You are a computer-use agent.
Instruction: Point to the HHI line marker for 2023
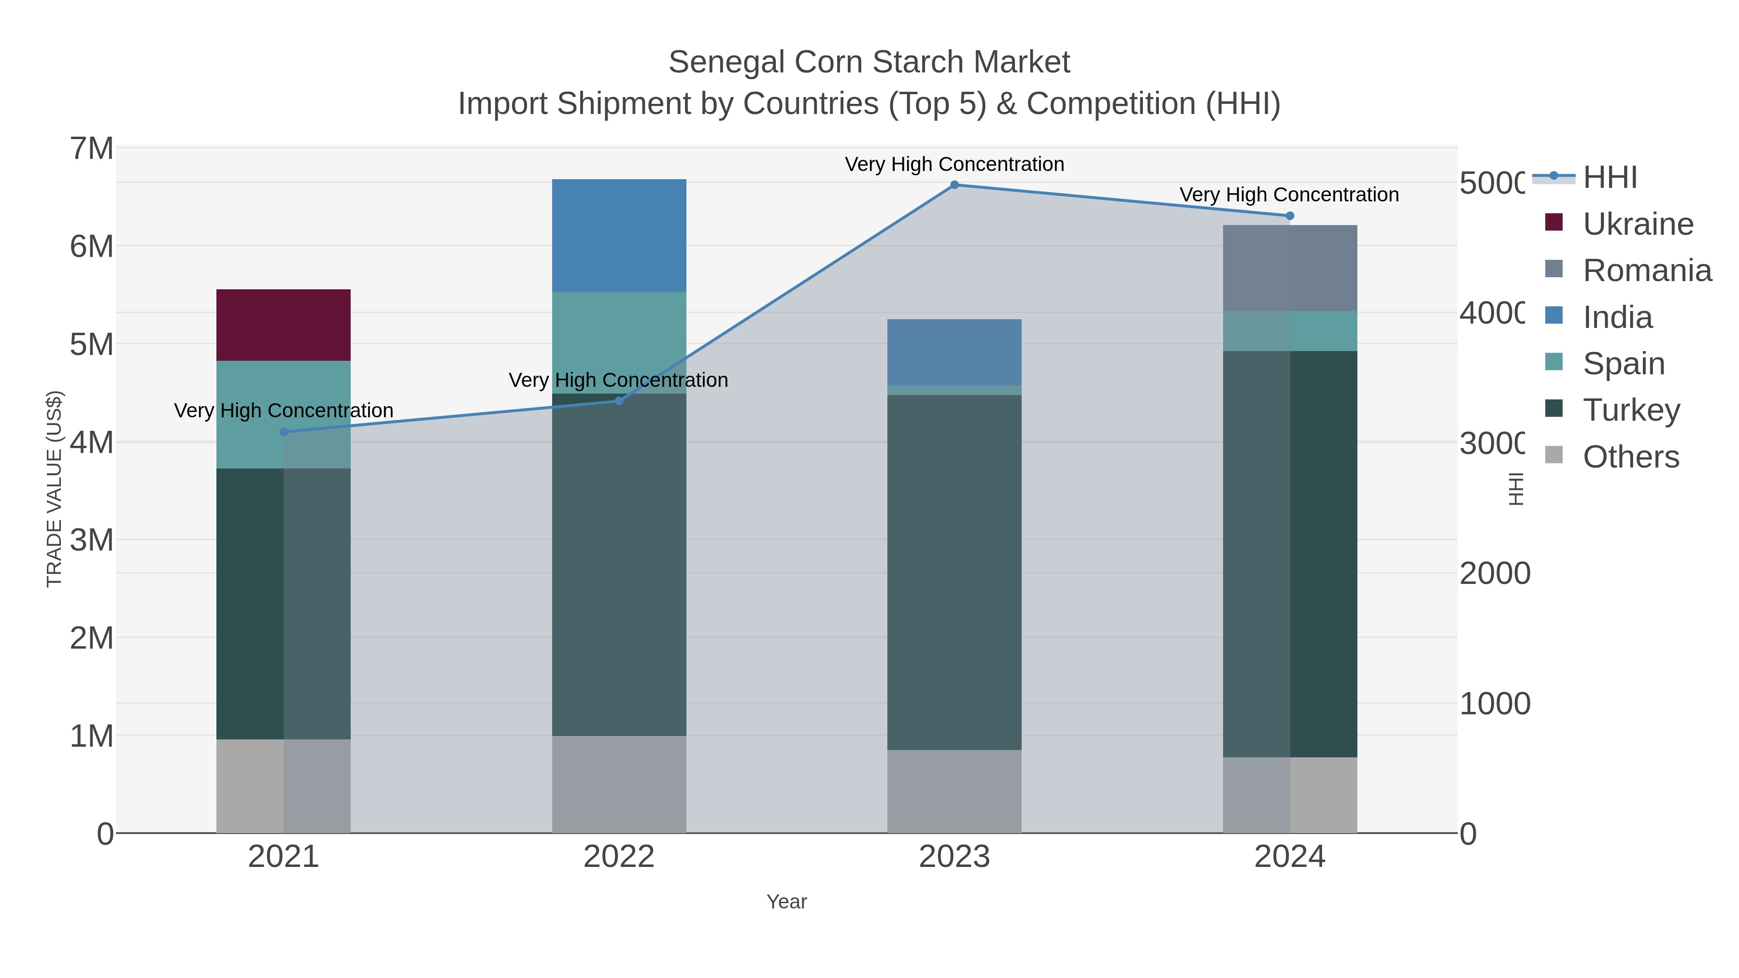(954, 184)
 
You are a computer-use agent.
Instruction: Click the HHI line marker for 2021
(284, 432)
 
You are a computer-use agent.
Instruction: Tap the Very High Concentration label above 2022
(618, 380)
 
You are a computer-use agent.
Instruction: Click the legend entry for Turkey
(1631, 411)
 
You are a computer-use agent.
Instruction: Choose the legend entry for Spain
(1624, 364)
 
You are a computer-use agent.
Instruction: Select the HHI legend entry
(1610, 178)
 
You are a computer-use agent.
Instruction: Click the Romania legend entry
(1647, 270)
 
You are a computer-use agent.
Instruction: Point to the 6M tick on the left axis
(92, 246)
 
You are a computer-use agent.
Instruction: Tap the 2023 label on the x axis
(954, 856)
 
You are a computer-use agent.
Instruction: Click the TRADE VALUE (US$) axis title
(54, 489)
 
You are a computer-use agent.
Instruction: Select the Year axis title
(786, 902)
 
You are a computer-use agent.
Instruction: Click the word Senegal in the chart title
(726, 62)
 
